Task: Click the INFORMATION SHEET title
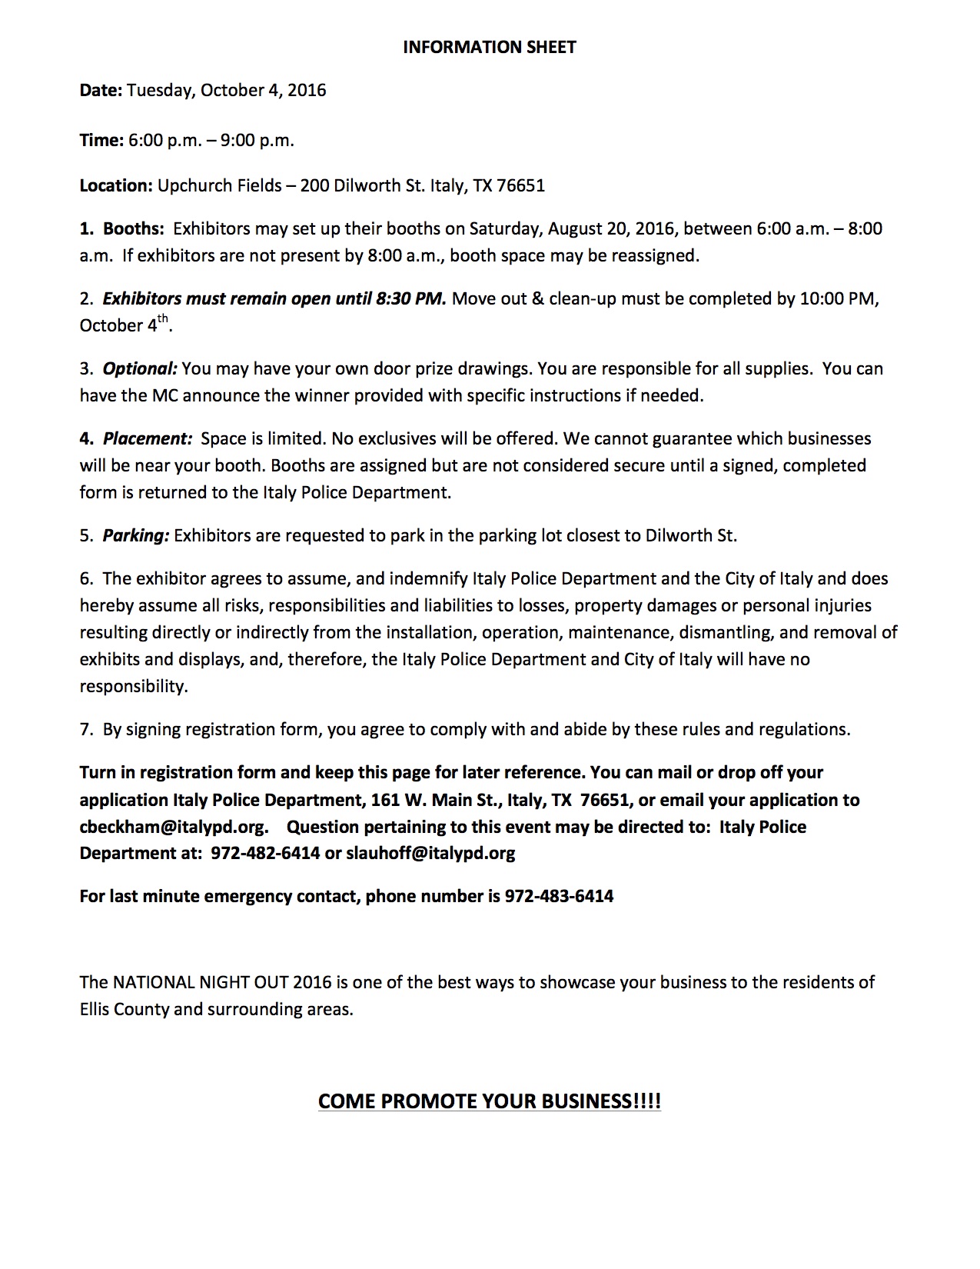(x=489, y=48)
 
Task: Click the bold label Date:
(x=101, y=91)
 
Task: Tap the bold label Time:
(x=101, y=140)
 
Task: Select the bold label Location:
(x=116, y=185)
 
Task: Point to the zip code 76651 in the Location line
(x=521, y=185)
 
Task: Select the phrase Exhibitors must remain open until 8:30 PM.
(x=274, y=298)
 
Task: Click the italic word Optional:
(x=140, y=368)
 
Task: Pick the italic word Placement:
(x=147, y=438)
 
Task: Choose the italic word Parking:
(x=135, y=535)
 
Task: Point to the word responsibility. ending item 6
(x=134, y=686)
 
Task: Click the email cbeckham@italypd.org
(x=174, y=827)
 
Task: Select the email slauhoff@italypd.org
(x=430, y=853)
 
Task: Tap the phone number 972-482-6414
(x=265, y=853)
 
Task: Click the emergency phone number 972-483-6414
(x=559, y=896)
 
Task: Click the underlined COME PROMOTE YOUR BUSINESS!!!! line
(x=489, y=1101)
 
